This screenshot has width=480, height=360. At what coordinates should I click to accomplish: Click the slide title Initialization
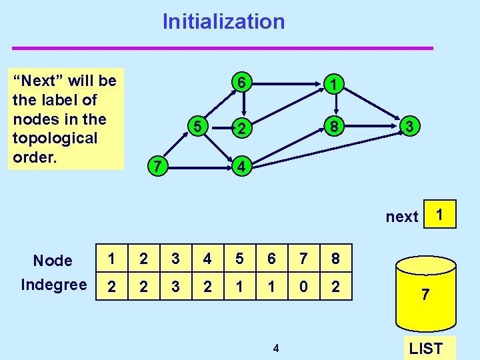[223, 21]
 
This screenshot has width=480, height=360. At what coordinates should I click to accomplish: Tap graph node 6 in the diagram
[244, 83]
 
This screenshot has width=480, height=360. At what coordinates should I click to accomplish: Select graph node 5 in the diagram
[197, 125]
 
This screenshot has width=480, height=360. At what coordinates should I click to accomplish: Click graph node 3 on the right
[411, 126]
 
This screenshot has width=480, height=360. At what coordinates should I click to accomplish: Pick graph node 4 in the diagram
[243, 166]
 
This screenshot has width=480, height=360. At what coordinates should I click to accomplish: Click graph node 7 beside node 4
[156, 166]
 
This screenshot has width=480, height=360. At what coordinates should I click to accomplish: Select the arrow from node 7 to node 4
[199, 166]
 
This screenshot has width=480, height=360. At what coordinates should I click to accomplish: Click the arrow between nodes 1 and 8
[336, 105]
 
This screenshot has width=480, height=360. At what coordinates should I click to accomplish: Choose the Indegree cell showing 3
[175, 287]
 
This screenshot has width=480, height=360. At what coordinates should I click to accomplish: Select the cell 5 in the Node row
[239, 259]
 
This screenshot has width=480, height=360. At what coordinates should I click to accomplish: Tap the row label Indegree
[54, 285]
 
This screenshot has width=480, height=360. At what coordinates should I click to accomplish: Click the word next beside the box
[402, 217]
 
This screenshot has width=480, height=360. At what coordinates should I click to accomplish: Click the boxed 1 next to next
[439, 215]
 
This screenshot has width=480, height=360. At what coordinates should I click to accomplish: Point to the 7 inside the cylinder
[425, 294]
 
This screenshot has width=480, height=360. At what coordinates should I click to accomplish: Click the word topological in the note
[55, 138]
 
